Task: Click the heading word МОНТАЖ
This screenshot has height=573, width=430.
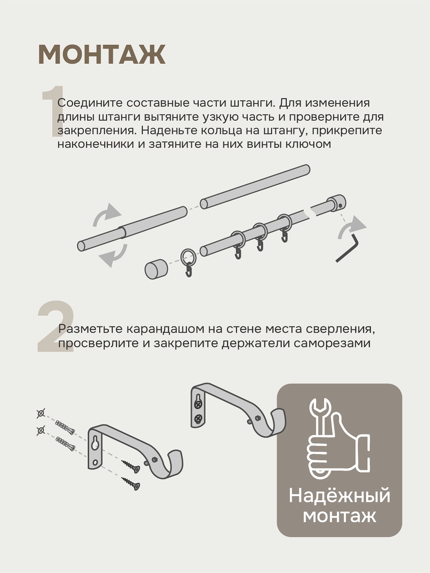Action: [x=101, y=54]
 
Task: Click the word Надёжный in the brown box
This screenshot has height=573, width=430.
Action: [x=339, y=496]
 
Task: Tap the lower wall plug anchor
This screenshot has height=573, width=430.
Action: [x=66, y=444]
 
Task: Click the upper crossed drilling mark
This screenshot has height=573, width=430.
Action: [x=41, y=414]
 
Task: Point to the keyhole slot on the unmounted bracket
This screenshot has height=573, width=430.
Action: [x=96, y=443]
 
